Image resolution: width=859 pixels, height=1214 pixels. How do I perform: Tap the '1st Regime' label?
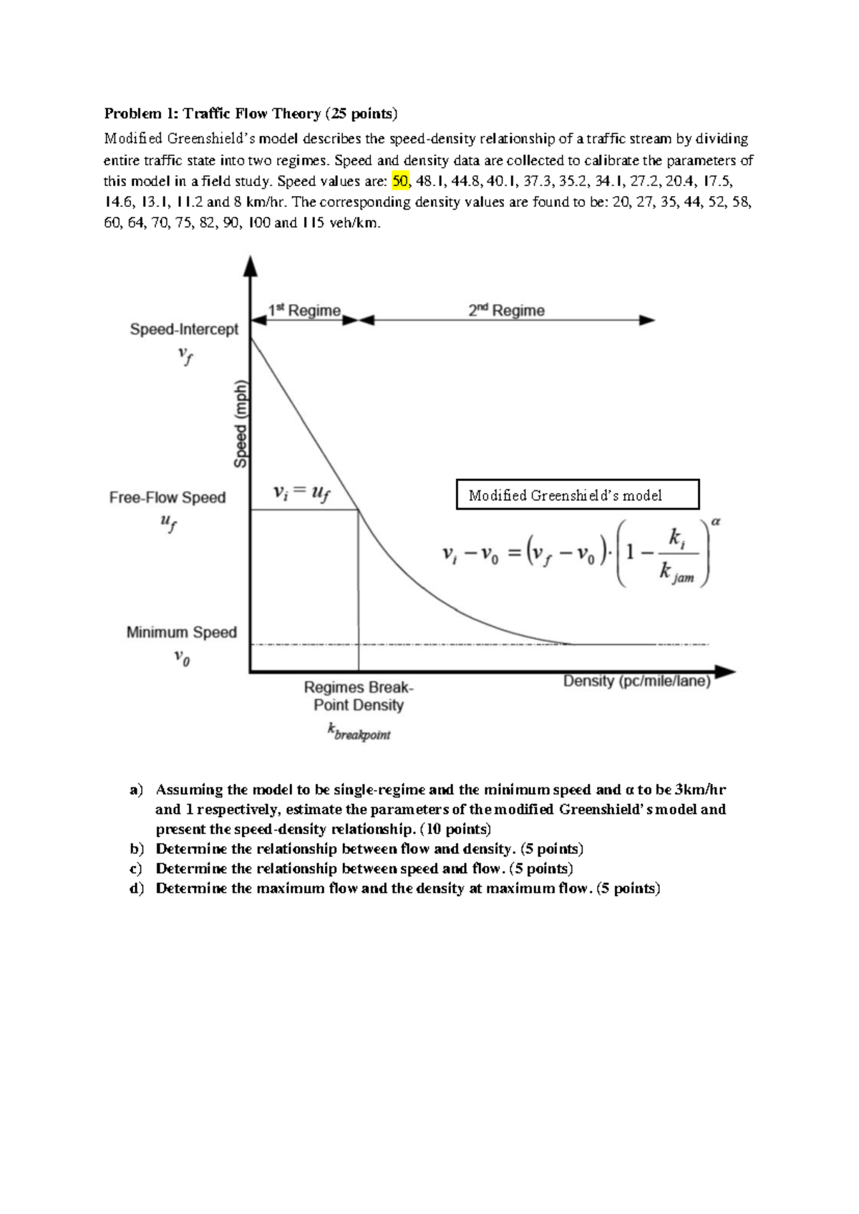click(x=304, y=310)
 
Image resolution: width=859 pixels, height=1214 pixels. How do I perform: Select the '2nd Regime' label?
click(x=506, y=310)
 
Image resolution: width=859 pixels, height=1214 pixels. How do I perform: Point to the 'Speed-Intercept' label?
click(x=184, y=329)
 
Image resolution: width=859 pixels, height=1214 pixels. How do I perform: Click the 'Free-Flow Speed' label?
click(x=167, y=497)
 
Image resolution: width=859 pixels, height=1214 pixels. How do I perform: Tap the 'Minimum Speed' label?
click(x=181, y=632)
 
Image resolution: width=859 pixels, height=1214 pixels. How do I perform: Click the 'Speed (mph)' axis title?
click(x=241, y=422)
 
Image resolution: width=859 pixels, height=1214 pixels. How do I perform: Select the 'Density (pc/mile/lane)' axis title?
click(x=636, y=681)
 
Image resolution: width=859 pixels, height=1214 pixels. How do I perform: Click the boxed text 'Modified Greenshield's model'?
click(x=566, y=495)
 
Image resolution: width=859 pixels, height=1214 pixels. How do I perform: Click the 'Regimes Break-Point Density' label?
click(x=359, y=696)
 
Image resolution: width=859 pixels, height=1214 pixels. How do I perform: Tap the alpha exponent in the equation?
click(x=716, y=523)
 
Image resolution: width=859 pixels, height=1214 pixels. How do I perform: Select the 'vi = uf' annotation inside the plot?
click(x=301, y=492)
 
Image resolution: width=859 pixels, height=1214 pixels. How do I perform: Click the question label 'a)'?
click(x=135, y=790)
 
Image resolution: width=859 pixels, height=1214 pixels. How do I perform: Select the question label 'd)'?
click(x=136, y=889)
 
